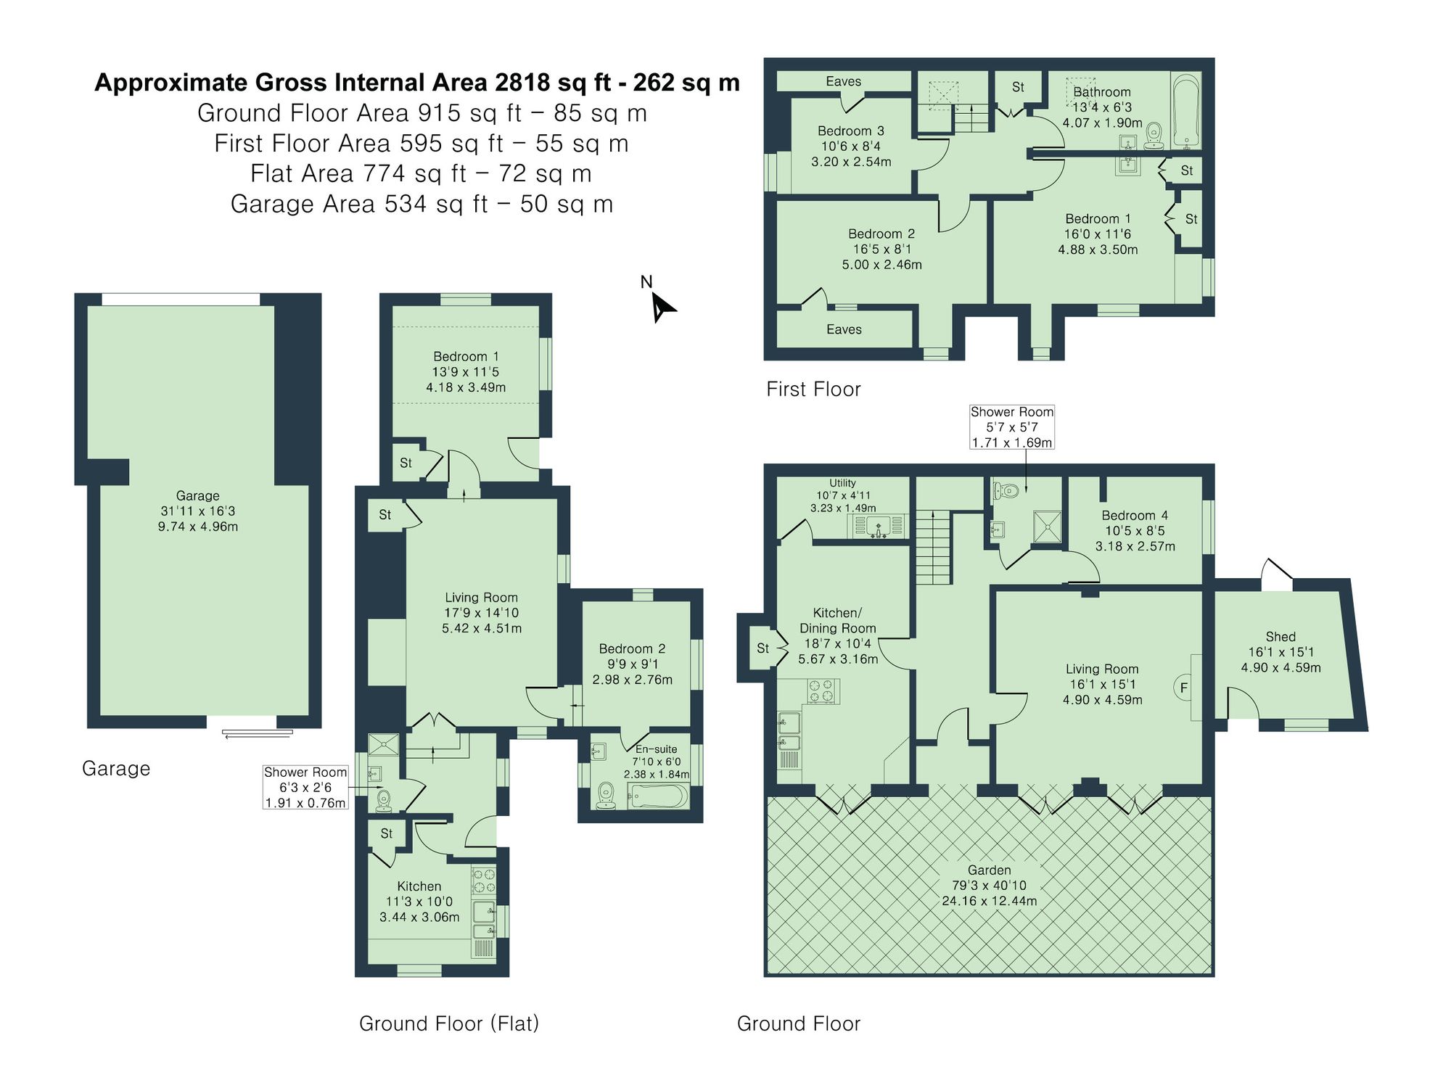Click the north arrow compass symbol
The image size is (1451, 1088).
661,306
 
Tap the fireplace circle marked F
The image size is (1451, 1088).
1183,688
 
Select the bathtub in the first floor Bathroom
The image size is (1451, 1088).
1187,111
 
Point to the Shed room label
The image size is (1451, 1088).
1281,637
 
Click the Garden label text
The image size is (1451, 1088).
989,870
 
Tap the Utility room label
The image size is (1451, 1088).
842,483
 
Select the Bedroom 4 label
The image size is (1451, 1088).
1135,515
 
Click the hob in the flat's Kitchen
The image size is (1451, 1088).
484,881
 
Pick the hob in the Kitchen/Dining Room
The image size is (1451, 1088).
822,691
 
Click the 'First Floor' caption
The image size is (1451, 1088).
813,390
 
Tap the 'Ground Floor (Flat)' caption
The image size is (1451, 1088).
449,1023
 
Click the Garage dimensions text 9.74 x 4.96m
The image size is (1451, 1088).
198,527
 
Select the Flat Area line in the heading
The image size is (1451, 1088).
421,174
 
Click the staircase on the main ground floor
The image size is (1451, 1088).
932,546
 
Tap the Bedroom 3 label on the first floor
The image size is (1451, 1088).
850,131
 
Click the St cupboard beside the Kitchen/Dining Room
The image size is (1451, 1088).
763,648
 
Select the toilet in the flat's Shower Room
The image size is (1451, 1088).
382,799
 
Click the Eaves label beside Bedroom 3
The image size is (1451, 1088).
843,81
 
